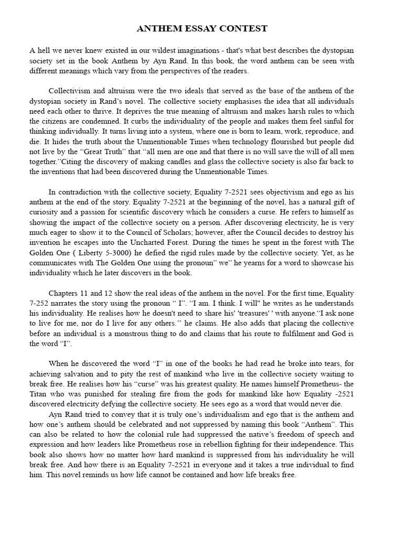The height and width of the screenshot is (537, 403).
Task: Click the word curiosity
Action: [46, 211]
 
